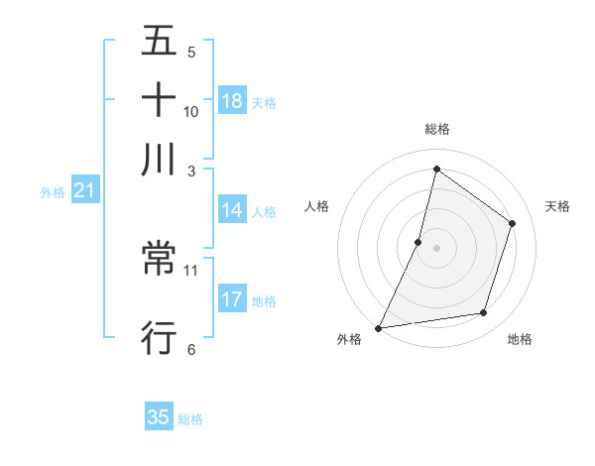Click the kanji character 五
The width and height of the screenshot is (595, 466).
[159, 42]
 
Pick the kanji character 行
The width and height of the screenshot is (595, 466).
[159, 338]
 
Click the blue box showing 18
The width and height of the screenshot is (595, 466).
[232, 101]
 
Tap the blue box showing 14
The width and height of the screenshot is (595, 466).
[232, 210]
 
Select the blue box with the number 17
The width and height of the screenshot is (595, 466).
[232, 299]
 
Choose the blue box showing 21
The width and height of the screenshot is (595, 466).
[84, 191]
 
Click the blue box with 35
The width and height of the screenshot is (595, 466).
[159, 417]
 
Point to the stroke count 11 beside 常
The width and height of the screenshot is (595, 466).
[191, 269]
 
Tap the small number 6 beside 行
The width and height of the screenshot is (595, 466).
[191, 348]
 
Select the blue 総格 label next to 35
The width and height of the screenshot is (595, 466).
[190, 419]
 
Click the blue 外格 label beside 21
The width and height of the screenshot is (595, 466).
[53, 192]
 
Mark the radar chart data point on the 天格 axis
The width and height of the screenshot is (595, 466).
[513, 223]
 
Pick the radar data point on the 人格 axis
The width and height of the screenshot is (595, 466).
[418, 242]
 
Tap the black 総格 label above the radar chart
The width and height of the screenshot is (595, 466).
[436, 129]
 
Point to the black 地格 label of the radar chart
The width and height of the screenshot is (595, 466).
[520, 339]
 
